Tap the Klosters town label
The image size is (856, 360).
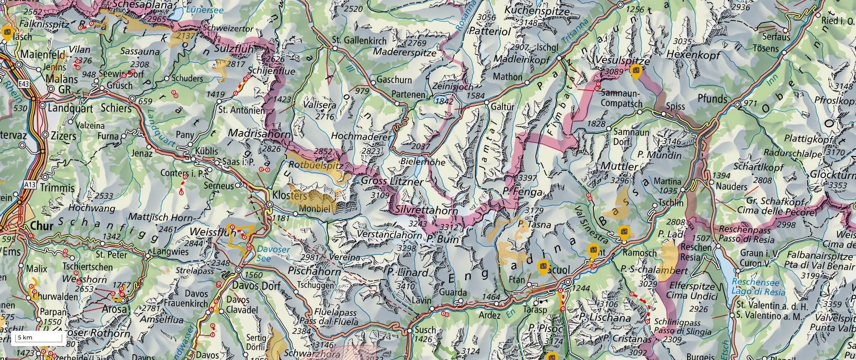(x=289, y=195)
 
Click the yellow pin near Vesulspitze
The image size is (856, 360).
(x=636, y=72)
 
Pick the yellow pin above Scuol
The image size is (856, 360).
(x=542, y=266)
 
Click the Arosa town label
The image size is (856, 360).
(x=115, y=309)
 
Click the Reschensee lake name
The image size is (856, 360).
(x=755, y=282)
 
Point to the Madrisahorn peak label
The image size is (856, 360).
(x=259, y=134)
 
